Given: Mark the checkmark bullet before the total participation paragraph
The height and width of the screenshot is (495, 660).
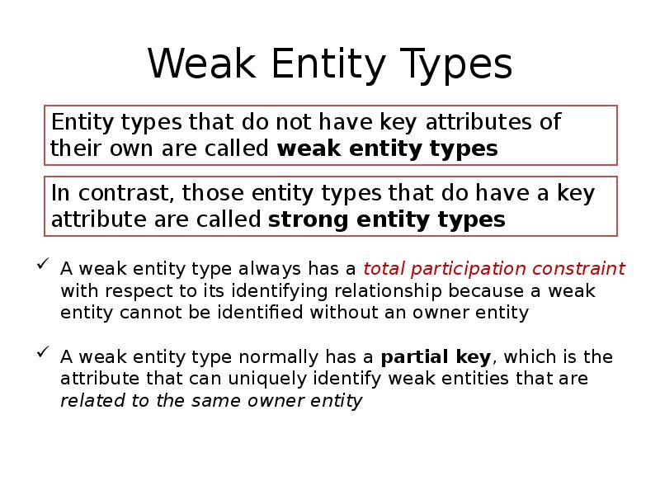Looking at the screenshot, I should [x=42, y=266].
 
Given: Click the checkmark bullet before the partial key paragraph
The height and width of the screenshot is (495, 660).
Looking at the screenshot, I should [x=42, y=355].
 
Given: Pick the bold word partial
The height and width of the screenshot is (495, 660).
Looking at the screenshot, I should [x=412, y=357].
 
